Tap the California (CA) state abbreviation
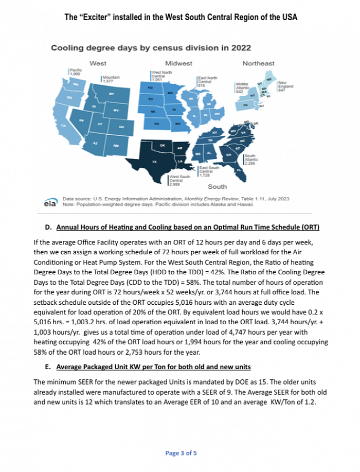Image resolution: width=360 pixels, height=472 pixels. pos(64,125)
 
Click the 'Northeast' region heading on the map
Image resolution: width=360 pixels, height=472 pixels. pos(258,63)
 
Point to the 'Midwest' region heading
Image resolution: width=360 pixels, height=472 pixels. pos(178,63)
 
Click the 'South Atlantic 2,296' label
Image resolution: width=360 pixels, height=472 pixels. pos(250,159)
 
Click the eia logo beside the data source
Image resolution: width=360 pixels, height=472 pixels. pos(50,204)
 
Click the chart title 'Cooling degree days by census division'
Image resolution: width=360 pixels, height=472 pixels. pos(151,48)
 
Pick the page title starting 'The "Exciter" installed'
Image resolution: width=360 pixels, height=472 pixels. pos(181,17)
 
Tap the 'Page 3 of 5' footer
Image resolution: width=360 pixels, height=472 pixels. pos(181,453)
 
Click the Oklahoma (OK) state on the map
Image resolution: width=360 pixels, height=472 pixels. pos(163,146)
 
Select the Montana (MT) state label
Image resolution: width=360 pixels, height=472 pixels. pos(111,94)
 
